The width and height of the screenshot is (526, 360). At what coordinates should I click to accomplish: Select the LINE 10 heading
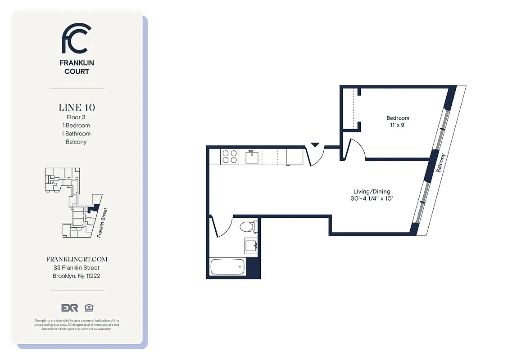point(77,108)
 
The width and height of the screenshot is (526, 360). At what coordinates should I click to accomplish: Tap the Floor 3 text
point(76,117)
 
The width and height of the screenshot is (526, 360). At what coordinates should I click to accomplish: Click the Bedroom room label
point(398,118)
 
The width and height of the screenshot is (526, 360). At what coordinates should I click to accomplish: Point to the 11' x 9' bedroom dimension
point(398,126)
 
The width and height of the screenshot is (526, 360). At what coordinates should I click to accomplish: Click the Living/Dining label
point(372,191)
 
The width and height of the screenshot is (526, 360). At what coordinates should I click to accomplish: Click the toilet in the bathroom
point(248,227)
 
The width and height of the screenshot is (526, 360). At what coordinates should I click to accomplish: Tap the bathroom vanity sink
point(251,245)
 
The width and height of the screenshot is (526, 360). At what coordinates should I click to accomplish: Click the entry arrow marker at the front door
point(315,145)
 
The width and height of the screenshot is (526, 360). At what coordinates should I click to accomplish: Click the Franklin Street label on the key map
point(102,222)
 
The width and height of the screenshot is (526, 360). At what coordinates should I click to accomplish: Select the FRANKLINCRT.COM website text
point(77,260)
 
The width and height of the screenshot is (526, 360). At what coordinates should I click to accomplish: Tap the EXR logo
point(70,308)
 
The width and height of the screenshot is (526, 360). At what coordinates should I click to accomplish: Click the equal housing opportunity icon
point(88,308)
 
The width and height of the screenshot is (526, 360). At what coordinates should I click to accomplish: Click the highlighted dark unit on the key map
point(95,207)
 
